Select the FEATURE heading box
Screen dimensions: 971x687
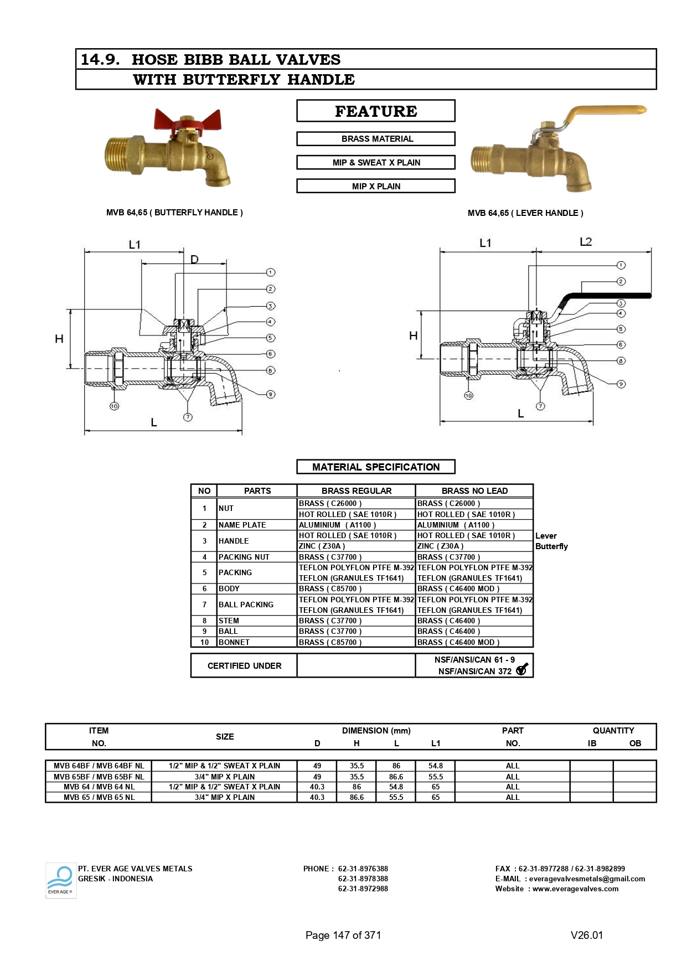(x=376, y=111)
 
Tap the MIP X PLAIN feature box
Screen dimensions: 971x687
(x=376, y=187)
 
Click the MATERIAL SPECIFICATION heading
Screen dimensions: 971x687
(x=376, y=467)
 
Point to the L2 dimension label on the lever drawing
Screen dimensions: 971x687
(x=586, y=242)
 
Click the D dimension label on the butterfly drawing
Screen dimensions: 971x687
(x=194, y=259)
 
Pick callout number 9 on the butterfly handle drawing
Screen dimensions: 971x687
(x=271, y=394)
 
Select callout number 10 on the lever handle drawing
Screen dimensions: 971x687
(x=468, y=395)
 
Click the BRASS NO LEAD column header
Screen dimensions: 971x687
(x=474, y=491)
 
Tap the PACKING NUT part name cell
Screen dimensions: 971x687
(x=244, y=557)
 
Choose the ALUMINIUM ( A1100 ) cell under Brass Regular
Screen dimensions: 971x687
(x=337, y=525)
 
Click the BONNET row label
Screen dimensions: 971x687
(x=234, y=642)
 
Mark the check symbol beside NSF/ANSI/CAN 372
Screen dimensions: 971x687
(x=521, y=670)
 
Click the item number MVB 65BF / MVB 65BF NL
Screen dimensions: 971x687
(x=99, y=777)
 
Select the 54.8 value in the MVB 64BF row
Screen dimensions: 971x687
(x=436, y=766)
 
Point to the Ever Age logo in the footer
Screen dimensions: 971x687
(x=60, y=880)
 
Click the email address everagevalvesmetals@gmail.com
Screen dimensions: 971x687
(x=587, y=879)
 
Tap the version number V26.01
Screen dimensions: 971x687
(x=587, y=936)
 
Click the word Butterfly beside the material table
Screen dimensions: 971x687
(x=551, y=546)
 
